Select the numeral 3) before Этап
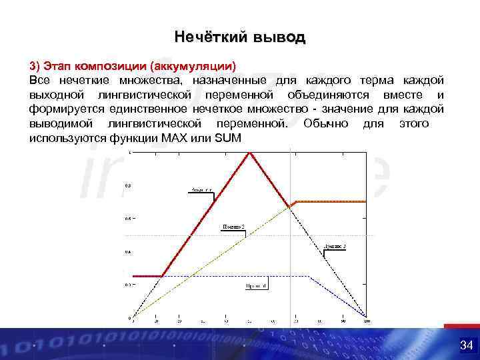pyautogui.click(x=35, y=66)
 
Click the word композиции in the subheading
pyautogui.click(x=110, y=66)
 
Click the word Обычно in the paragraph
pyautogui.click(x=325, y=123)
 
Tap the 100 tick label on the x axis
pyautogui.click(x=366, y=322)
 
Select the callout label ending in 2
pyautogui.click(x=233, y=227)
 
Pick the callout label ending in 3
pyautogui.click(x=335, y=246)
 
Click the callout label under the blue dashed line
pyautogui.click(x=255, y=285)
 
